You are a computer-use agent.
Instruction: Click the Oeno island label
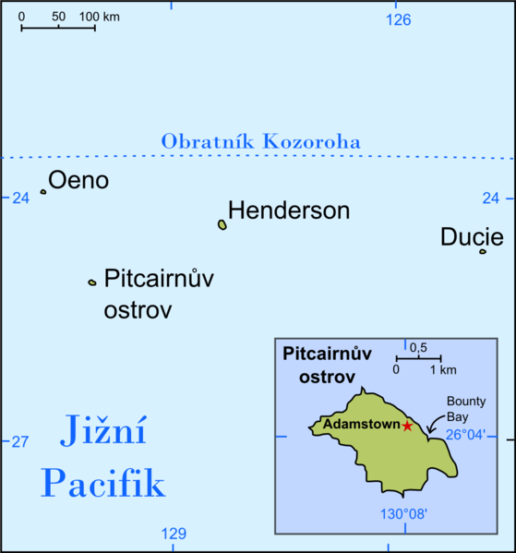point(78,181)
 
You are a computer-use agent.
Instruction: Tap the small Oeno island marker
point(42,192)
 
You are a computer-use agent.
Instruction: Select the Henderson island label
point(289,210)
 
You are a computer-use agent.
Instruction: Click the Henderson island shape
point(222,224)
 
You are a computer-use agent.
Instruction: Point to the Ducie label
point(472,236)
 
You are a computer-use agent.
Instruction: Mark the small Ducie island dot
point(482,251)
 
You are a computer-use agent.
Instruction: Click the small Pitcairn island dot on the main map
point(91,283)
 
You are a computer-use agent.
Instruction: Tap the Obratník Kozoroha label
point(260,142)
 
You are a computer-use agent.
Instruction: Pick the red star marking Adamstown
point(407,425)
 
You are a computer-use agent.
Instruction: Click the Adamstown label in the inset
point(361,425)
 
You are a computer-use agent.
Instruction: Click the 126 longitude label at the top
point(399,19)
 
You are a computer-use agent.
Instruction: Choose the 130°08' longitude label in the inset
point(402,513)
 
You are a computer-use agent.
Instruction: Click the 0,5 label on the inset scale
point(418,347)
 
